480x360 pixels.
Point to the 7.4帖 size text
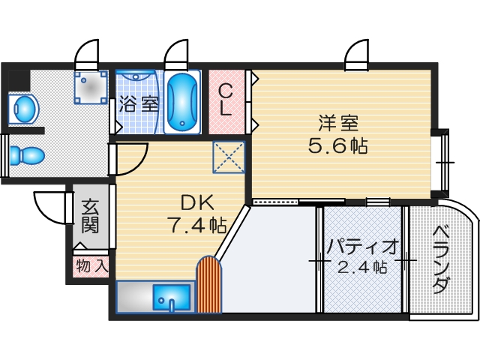point(196,223)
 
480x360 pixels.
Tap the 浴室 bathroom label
point(138,103)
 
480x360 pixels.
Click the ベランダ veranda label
point(442,259)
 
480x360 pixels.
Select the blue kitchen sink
point(172,297)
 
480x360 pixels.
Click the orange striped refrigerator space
point(210,285)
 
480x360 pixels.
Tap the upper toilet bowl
point(25,109)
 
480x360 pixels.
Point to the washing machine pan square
point(90,87)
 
